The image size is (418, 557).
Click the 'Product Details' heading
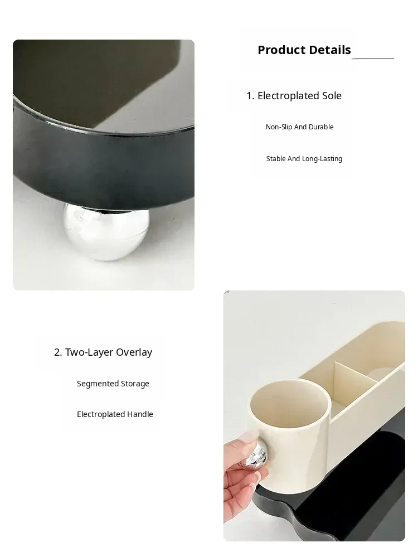point(304,50)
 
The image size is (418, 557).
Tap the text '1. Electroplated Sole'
point(294,95)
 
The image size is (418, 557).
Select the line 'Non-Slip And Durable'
point(300,127)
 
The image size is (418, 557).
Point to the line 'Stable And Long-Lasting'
point(304,159)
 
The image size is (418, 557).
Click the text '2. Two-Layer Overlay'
point(103,352)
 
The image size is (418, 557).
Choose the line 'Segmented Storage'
point(113,384)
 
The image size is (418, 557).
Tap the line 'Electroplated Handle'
point(115,414)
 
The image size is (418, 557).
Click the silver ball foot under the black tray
point(105,231)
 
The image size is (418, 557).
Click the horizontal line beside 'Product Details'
point(373,58)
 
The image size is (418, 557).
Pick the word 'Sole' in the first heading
point(332,95)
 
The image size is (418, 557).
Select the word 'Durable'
point(321,127)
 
